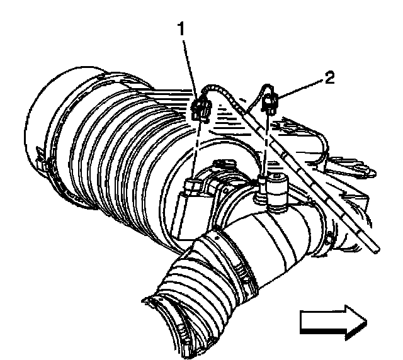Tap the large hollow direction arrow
(332, 321)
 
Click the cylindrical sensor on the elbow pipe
(275, 189)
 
